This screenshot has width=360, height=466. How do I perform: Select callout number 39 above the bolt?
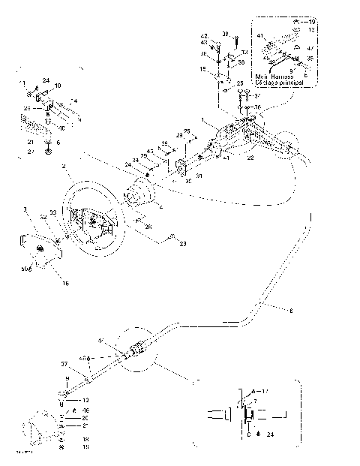pyautogui.click(x=224, y=35)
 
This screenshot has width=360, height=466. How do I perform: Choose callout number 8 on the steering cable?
pyautogui.click(x=291, y=310)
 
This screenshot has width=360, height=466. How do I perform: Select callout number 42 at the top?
pyautogui.click(x=203, y=35)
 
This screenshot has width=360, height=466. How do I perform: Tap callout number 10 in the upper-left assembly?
pyautogui.click(x=58, y=86)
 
